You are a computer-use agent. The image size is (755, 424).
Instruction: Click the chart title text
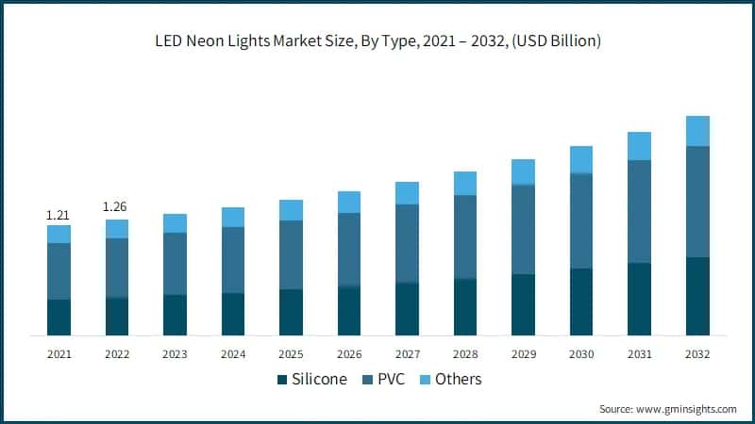377,41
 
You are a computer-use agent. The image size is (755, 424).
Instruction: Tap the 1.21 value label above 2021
59,216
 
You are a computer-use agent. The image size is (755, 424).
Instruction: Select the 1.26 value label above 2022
116,207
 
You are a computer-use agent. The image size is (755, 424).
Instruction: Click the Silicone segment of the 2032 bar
697,296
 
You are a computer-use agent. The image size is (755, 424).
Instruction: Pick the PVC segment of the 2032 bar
697,202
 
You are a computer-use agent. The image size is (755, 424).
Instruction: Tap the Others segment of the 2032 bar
697,131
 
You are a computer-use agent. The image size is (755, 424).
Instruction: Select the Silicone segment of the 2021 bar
59,318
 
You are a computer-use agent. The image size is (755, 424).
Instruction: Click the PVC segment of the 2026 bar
349,250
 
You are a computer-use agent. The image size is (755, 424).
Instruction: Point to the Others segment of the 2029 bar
523,171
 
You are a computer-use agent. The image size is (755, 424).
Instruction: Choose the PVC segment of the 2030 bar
581,221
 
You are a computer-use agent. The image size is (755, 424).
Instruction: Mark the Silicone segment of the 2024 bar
233,314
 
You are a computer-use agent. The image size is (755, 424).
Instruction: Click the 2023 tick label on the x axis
175,353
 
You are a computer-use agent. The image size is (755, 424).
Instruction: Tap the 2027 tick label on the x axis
407,353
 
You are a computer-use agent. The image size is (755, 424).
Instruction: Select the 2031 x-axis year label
639,353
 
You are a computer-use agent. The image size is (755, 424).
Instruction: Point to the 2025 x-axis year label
291,353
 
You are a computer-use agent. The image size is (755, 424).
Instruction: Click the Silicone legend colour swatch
281,380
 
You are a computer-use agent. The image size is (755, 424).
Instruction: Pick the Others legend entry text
459,380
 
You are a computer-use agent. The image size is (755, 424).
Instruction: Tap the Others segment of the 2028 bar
465,183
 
